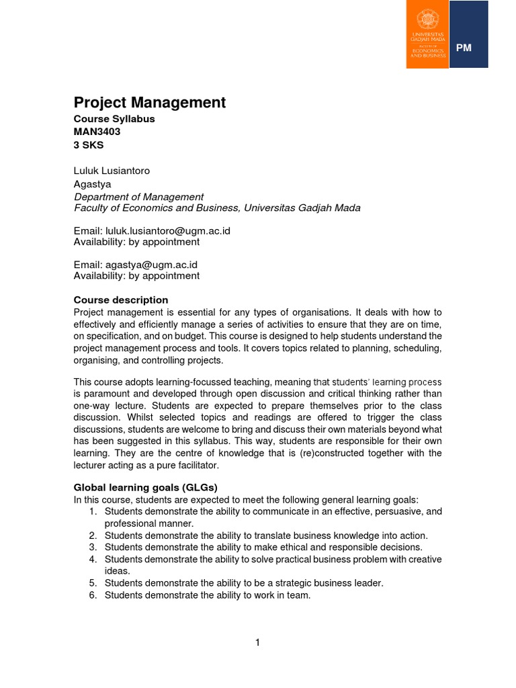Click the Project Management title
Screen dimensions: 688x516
[149, 103]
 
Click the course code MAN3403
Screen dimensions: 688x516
[97, 132]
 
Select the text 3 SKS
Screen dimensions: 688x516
[89, 144]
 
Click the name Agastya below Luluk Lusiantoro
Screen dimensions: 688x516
[92, 183]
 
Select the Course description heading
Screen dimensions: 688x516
[120, 300]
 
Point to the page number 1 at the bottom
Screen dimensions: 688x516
[257, 643]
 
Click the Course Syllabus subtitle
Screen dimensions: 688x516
[114, 119]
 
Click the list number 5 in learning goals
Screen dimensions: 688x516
[93, 583]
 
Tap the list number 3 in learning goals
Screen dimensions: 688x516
[93, 547]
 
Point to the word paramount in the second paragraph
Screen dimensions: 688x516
[109, 393]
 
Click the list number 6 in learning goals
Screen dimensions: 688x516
[93, 595]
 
